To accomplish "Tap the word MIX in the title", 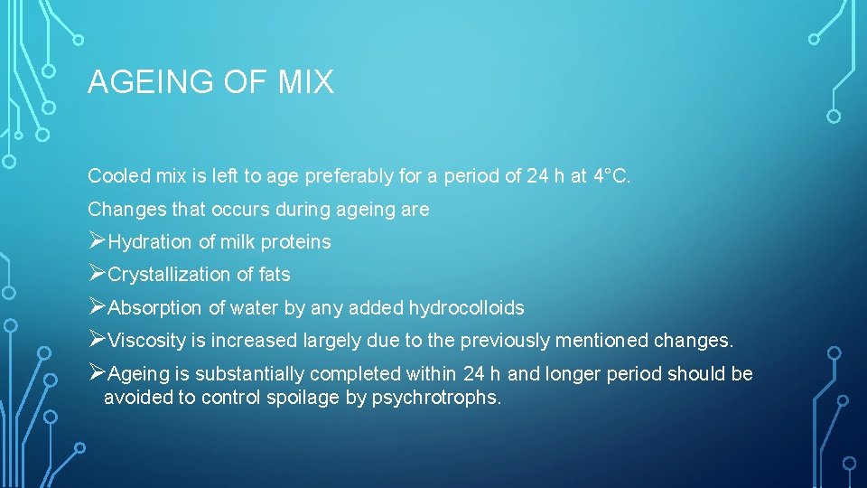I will (x=306, y=83).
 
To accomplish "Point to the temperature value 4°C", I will (x=611, y=176).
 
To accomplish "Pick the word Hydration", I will (x=150, y=242).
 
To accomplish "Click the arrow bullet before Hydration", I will (x=97, y=241).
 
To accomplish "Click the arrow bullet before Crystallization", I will (x=97, y=274).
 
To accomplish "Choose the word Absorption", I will (x=155, y=308).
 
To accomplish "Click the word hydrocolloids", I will (x=466, y=308).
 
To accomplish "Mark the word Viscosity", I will (x=145, y=342).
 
